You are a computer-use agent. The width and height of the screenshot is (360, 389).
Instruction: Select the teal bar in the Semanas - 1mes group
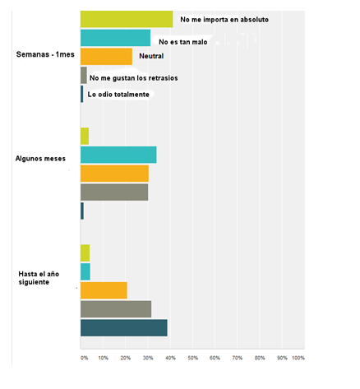click(x=115, y=38)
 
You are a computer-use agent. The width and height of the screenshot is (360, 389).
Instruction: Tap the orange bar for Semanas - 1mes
click(x=106, y=56)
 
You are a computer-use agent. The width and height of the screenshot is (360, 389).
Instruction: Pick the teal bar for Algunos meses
click(x=118, y=155)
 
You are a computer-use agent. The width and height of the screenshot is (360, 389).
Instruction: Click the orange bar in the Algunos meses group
click(x=114, y=174)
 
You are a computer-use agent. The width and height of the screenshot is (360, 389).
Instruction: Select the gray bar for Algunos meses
click(x=114, y=192)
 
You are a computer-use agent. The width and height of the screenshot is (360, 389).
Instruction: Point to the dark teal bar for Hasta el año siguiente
click(x=123, y=327)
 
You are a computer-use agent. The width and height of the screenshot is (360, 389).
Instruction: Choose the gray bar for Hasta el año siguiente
click(x=116, y=308)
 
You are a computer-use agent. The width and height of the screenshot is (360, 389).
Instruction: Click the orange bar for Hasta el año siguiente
click(x=104, y=290)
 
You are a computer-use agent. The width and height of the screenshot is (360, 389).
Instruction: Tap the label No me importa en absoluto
click(x=224, y=17)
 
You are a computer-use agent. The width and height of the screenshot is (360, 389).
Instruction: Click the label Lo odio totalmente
click(x=118, y=95)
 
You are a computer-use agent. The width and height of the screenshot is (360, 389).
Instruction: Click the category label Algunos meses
click(x=40, y=158)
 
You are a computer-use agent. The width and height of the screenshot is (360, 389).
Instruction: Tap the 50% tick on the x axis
click(x=192, y=358)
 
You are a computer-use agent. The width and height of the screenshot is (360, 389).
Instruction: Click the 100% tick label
click(x=298, y=358)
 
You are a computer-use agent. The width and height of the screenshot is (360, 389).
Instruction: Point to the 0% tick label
click(x=84, y=358)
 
